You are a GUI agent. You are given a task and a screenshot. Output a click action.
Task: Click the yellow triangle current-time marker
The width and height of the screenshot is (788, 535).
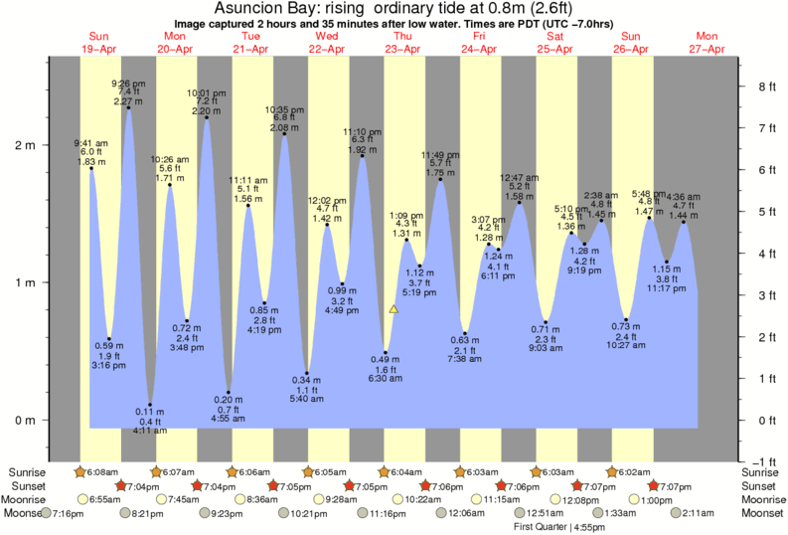[394, 309]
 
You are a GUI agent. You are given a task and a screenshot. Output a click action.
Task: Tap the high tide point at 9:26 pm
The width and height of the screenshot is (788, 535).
[128, 107]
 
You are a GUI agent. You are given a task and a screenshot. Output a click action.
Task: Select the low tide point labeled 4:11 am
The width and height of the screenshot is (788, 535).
[150, 405]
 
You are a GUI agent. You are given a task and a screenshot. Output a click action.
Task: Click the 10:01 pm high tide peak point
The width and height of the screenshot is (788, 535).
[206, 118]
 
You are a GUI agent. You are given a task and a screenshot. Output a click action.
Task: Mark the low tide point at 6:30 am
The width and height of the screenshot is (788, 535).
[386, 352]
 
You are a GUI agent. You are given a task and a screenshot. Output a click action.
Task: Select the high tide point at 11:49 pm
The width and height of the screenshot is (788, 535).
[440, 179]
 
